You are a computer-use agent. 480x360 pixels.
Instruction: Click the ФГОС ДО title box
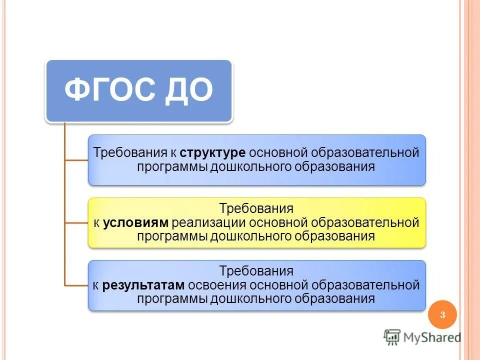tap(139, 91)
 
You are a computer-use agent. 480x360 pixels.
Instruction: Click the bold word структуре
tap(212, 152)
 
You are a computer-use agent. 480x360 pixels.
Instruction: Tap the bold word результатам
tap(144, 285)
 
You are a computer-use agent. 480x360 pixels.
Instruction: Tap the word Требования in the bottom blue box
tap(256, 271)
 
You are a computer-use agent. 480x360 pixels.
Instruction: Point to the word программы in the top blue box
tap(171, 166)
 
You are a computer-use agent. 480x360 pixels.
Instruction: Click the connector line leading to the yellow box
tap(76, 222)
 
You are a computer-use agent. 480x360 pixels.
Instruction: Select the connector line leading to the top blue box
tap(76, 160)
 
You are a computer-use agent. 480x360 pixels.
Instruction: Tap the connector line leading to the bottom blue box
tap(76, 285)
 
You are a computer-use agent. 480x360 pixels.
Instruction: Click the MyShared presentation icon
tap(392, 337)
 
